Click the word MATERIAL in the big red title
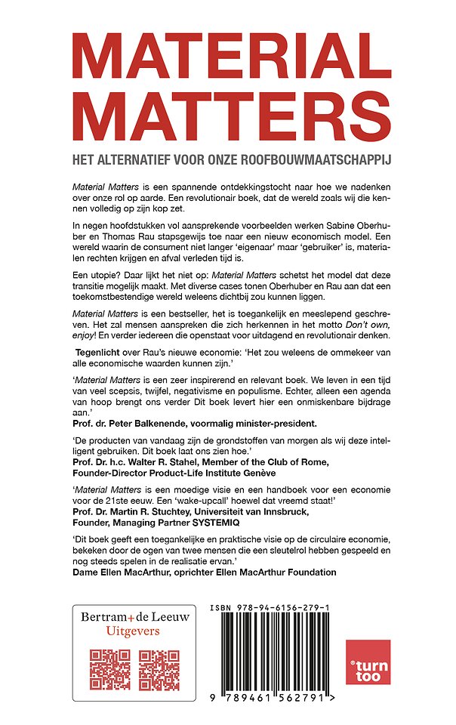[227, 53]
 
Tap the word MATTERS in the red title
[227, 118]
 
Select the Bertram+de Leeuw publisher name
[134, 617]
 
